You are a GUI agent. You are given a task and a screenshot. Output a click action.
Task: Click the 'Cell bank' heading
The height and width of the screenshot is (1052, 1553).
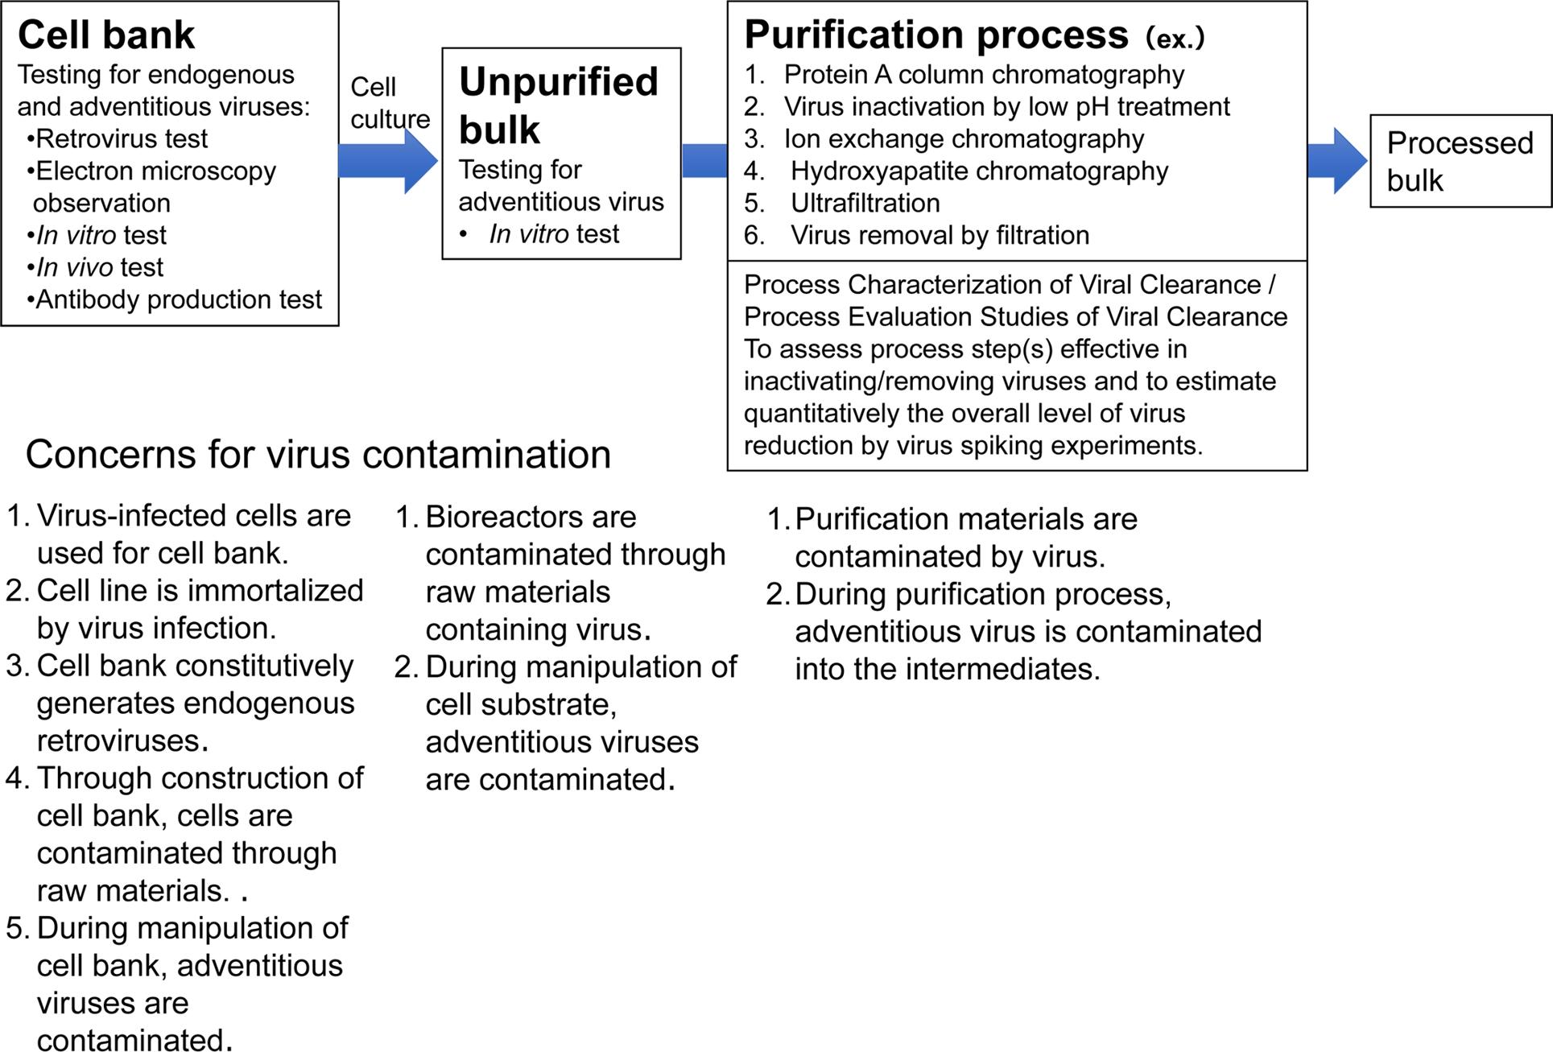(x=106, y=35)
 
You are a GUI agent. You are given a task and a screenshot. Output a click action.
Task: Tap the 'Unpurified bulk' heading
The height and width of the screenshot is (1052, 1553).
(x=559, y=105)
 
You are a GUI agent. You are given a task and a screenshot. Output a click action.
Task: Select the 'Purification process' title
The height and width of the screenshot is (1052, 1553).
(x=936, y=35)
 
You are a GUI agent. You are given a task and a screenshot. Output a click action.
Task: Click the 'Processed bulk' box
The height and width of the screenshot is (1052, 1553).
(x=1460, y=161)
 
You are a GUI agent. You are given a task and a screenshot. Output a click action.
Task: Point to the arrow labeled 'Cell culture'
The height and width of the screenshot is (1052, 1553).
(x=387, y=161)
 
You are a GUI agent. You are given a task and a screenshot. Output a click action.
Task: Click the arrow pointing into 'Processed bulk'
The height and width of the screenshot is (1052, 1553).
(x=1337, y=161)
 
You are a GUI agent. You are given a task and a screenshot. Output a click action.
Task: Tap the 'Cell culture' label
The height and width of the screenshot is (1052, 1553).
(x=390, y=103)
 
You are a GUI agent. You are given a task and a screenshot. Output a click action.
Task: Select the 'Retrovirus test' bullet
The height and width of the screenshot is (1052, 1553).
(x=118, y=138)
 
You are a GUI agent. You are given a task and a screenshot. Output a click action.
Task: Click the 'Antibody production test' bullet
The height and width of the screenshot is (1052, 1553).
(x=175, y=299)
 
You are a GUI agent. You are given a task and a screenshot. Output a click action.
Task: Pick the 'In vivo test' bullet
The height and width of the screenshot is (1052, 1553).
(x=96, y=267)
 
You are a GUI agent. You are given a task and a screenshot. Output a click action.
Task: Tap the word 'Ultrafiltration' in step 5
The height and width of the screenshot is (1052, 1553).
(x=865, y=203)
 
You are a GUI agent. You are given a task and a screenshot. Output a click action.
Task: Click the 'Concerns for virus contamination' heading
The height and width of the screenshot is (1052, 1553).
(x=318, y=455)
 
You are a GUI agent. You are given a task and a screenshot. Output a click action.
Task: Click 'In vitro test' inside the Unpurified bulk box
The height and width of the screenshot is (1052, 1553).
(x=554, y=234)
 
